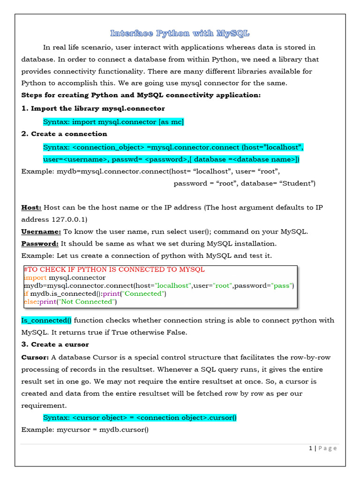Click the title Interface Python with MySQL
tap(180, 33)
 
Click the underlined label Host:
tap(31, 207)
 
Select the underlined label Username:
tap(41, 232)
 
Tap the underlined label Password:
tap(40, 243)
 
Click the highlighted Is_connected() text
tap(46, 320)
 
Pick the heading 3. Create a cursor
tap(55, 344)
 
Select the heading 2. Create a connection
tap(64, 134)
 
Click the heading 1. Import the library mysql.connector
tap(93, 108)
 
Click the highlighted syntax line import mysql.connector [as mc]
tap(113, 122)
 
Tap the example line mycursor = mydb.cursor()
tap(85, 429)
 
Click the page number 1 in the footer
tap(311, 448)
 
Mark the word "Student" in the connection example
tap(297, 183)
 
